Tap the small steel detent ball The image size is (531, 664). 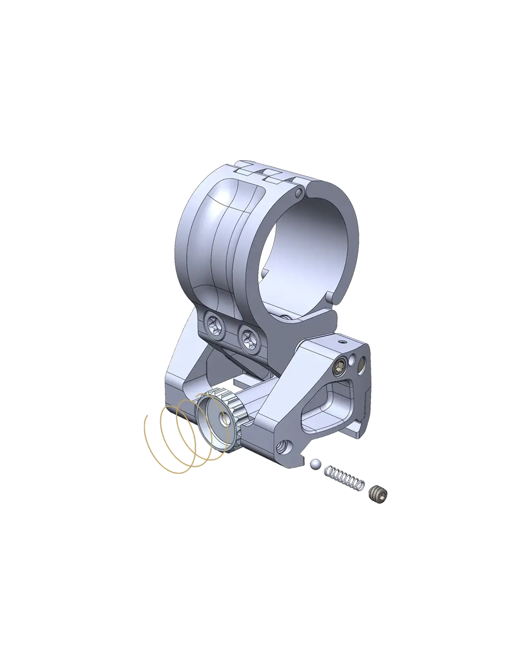click(x=315, y=463)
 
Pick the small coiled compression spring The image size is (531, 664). click(x=345, y=479)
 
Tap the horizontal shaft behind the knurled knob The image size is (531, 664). click(x=256, y=389)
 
